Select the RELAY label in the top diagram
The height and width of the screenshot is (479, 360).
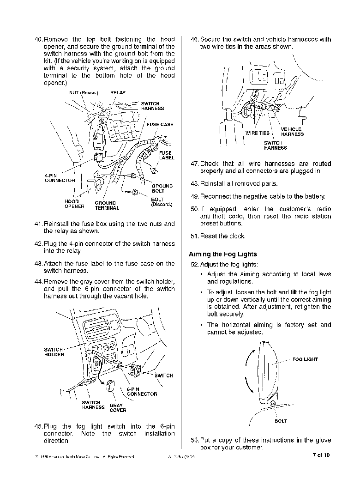tap(118, 93)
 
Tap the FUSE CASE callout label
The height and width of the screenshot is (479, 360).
tap(160, 125)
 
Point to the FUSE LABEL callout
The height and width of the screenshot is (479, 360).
tap(166, 155)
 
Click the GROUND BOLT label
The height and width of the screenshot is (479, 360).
tap(162, 188)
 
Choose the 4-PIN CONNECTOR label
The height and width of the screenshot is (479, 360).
tap(60, 178)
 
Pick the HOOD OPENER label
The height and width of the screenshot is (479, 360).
tap(74, 204)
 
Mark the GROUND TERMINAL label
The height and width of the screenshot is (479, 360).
tap(105, 206)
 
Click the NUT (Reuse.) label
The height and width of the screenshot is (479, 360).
tap(84, 93)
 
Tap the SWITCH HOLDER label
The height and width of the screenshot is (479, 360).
tap(54, 352)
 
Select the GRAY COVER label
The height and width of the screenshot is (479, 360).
tap(117, 408)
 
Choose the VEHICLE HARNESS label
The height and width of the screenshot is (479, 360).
tap(292, 132)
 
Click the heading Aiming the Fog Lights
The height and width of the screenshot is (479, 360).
tap(223, 254)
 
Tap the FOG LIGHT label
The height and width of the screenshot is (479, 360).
tap(305, 359)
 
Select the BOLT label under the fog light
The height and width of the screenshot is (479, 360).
tap(280, 421)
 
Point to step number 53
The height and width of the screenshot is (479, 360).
tap(194, 440)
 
